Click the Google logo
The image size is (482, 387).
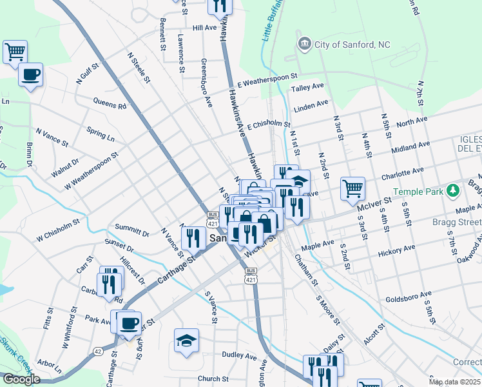point(21,379)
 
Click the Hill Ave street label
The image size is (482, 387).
point(204,28)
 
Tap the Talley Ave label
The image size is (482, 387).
point(307,88)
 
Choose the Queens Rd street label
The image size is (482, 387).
point(110,104)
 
